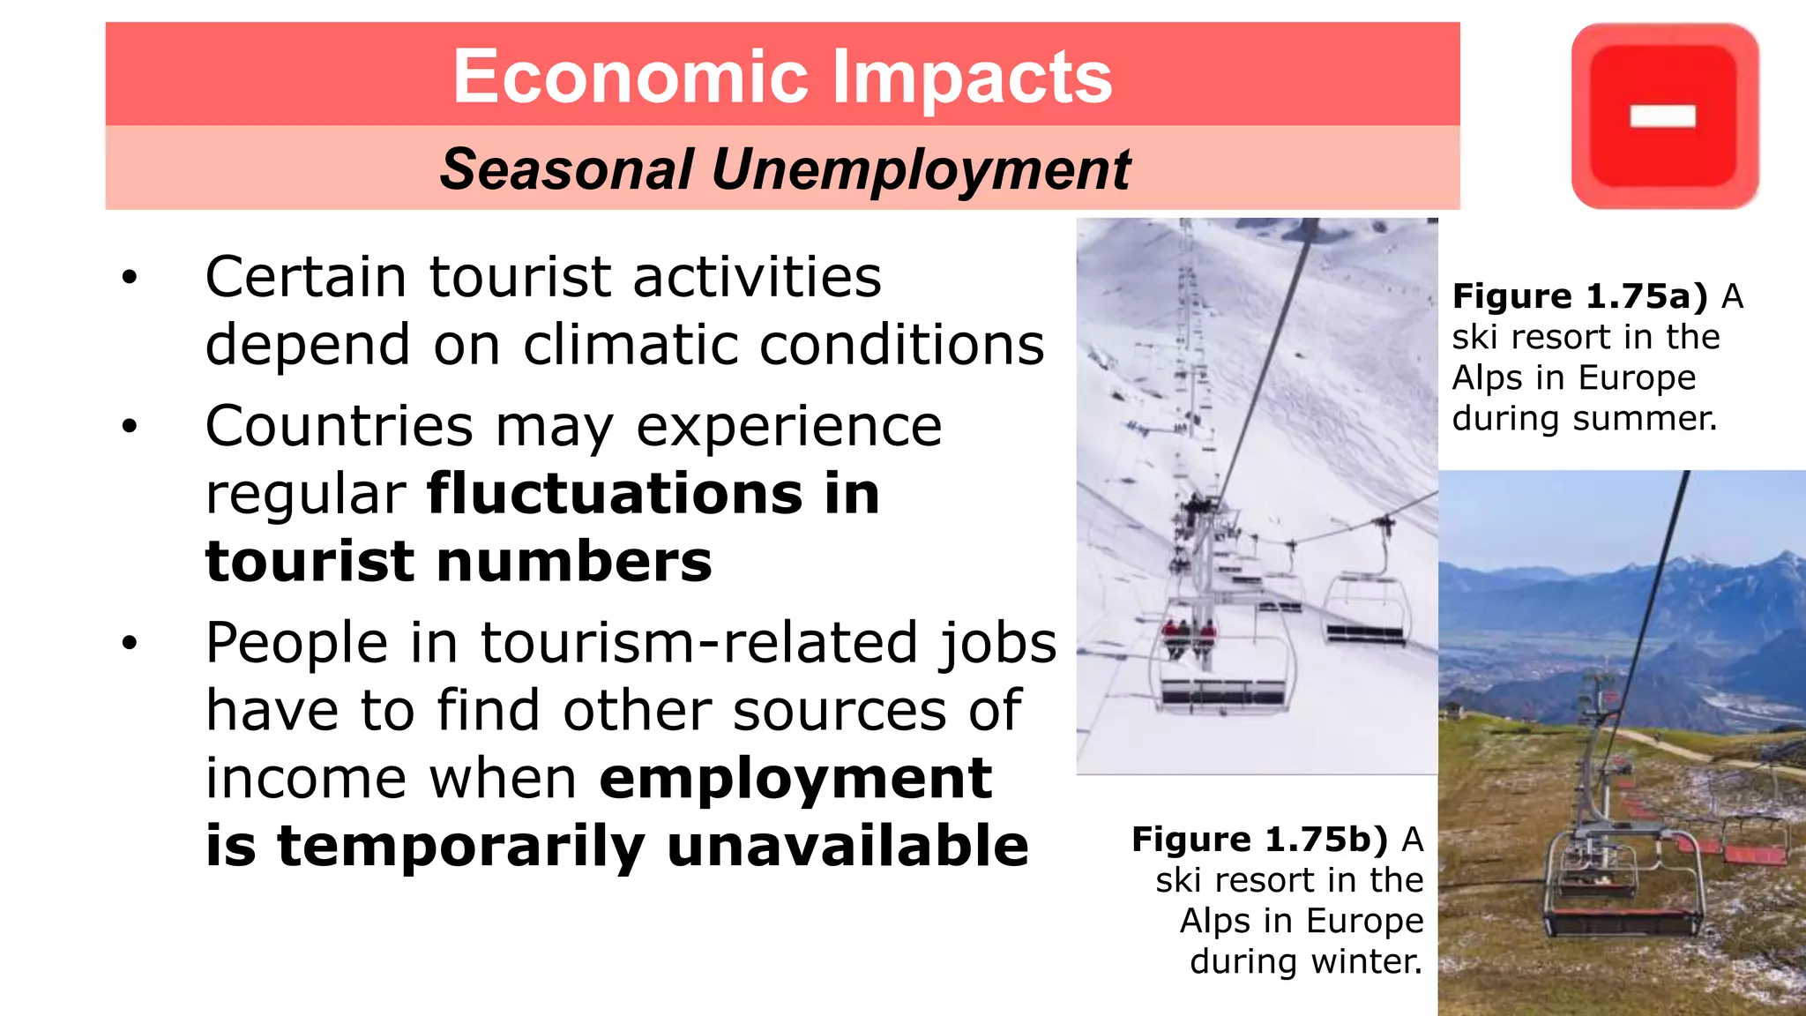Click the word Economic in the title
[630, 77]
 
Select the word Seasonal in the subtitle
[566, 168]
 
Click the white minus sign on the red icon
[1663, 116]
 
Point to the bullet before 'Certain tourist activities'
[131, 278]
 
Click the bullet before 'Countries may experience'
[131, 427]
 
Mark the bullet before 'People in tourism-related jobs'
[131, 643]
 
